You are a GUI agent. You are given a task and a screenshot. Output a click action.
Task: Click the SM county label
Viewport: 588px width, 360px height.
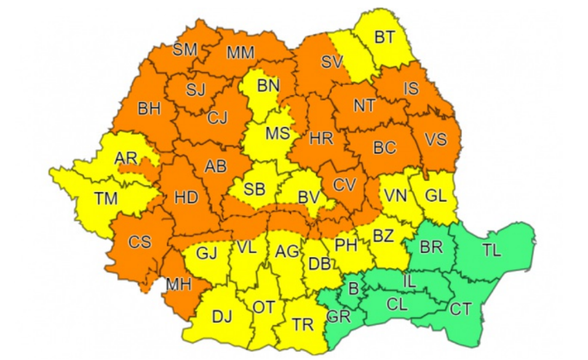185,50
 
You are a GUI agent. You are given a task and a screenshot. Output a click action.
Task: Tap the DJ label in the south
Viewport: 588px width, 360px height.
222,317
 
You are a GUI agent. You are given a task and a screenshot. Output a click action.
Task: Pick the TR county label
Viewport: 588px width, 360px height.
303,325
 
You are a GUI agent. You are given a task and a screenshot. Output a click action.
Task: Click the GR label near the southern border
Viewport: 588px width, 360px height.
338,316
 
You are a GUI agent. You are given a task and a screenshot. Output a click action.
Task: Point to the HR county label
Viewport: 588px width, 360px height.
320,137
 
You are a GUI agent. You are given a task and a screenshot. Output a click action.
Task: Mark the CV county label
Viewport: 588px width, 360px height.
344,185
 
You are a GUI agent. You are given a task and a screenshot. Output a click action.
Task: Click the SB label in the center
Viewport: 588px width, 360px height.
255,191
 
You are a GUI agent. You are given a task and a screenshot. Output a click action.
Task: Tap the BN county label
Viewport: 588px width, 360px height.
268,87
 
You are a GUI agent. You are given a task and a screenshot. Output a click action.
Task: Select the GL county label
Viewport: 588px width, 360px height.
435,195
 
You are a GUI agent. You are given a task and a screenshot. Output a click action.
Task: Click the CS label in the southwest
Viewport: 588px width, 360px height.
139,242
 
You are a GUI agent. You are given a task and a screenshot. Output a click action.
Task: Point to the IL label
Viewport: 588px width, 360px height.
409,278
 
